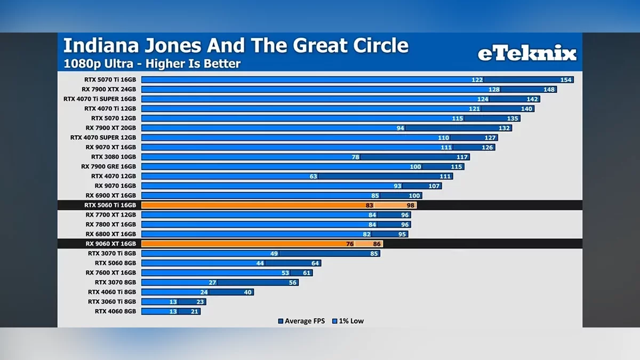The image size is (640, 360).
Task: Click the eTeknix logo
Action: (x=526, y=53)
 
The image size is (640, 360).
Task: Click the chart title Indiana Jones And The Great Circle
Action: (x=236, y=45)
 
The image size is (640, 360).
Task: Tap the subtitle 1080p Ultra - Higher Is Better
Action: (x=152, y=64)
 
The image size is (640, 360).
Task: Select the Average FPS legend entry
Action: (x=302, y=321)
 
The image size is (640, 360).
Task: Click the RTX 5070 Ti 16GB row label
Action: (x=110, y=80)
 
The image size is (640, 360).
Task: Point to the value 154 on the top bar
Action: (x=566, y=80)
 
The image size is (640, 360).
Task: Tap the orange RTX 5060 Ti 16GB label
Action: (x=110, y=205)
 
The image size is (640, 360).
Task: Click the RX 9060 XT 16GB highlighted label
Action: (x=110, y=244)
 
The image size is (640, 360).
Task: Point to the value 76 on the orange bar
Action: (x=350, y=244)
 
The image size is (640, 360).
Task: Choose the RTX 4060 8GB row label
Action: (x=115, y=311)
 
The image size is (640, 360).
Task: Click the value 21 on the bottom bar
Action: (x=194, y=311)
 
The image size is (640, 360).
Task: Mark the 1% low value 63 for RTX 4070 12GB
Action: (x=313, y=176)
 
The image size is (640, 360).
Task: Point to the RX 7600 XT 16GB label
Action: (x=111, y=273)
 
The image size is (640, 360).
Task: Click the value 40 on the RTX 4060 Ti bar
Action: (x=247, y=292)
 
